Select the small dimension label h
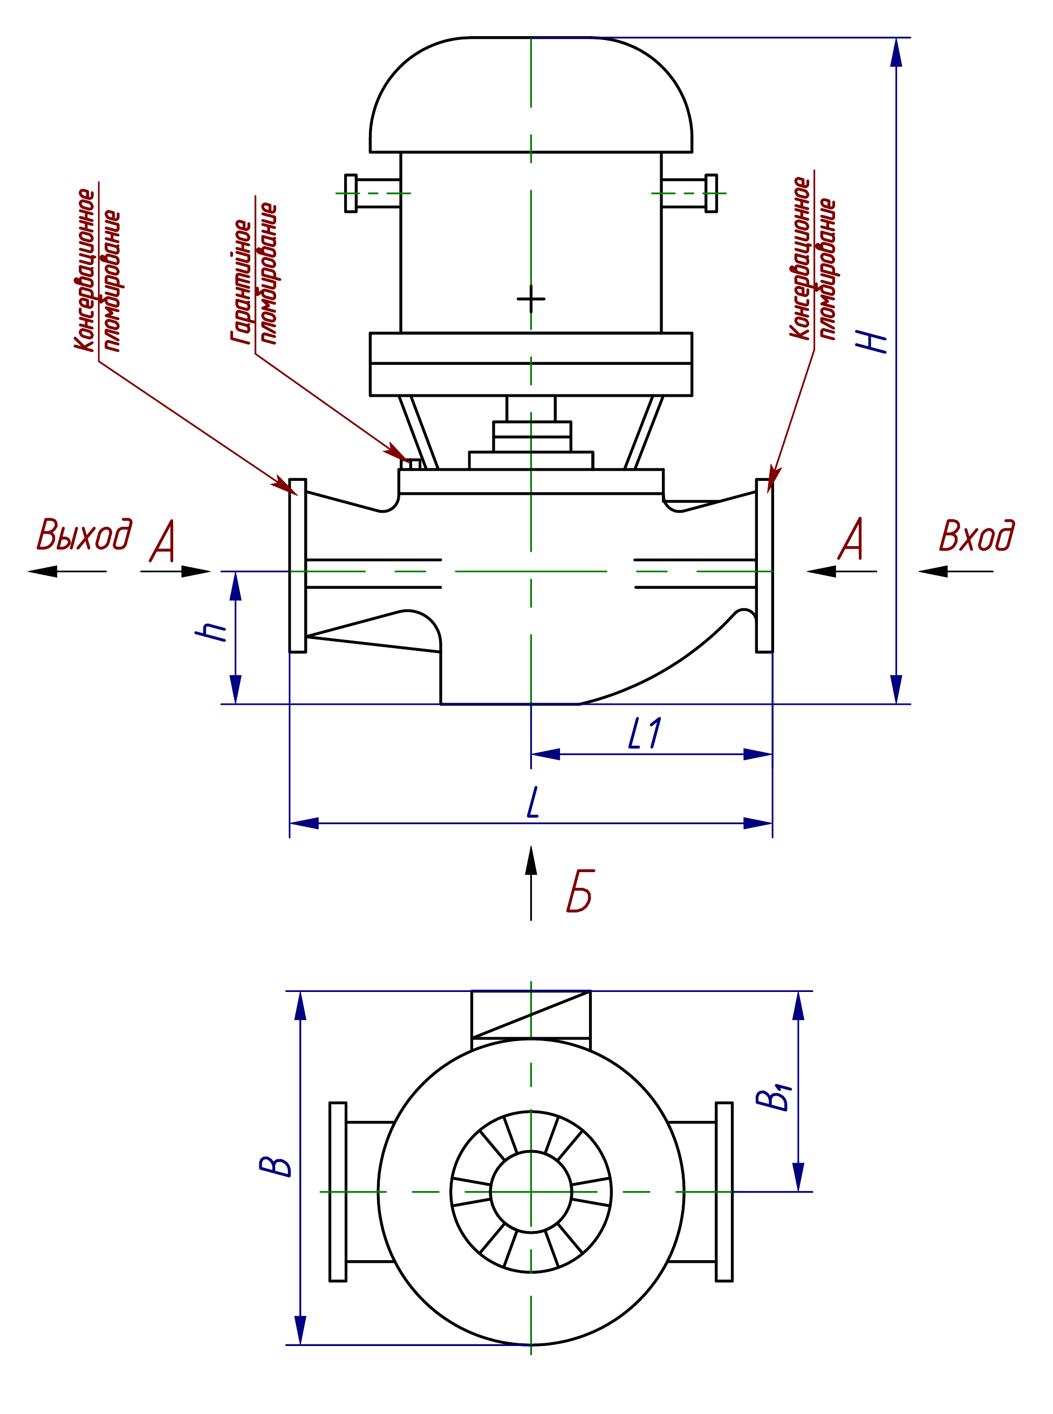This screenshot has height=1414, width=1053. tap(210, 630)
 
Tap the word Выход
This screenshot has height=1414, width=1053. tap(85, 534)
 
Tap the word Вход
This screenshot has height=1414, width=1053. tap(976, 535)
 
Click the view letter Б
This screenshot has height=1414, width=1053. tap(580, 890)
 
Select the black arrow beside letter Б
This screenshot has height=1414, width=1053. tap(531, 883)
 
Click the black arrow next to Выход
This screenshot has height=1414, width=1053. tap(67, 571)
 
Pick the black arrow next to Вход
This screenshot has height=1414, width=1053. tap(955, 571)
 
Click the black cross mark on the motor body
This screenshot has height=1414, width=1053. tap(531, 298)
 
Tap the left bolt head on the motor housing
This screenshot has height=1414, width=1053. tap(351, 193)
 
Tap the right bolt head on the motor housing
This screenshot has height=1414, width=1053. tap(712, 193)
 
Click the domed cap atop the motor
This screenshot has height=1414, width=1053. tap(531, 95)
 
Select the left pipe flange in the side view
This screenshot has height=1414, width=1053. tap(298, 566)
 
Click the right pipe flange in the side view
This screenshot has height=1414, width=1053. tap(764, 566)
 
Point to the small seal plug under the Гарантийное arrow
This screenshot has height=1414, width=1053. tap(415, 464)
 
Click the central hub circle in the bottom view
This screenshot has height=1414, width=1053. tap(531, 1192)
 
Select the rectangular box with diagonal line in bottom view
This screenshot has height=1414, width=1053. tap(531, 1014)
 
